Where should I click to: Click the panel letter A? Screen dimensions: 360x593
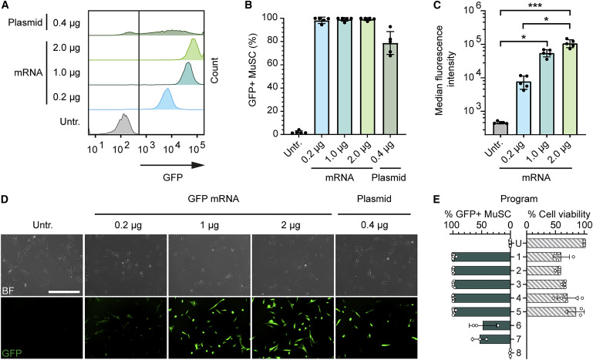click(x=6, y=6)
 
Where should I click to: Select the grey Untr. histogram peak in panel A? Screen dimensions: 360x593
click(x=121, y=125)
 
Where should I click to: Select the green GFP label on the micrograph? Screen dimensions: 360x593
click(x=12, y=353)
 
